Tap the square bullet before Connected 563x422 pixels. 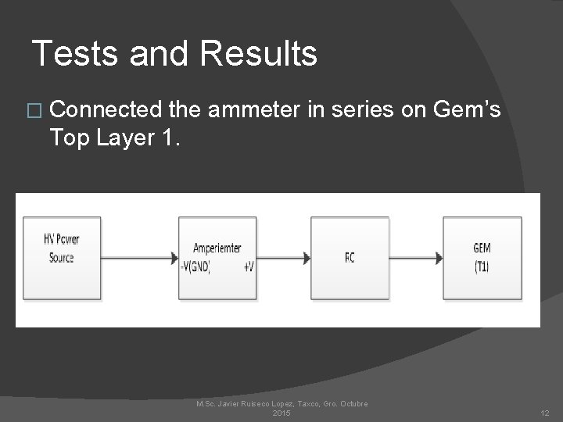(x=37, y=112)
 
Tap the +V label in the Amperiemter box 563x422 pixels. (x=248, y=266)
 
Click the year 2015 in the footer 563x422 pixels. (x=281, y=412)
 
